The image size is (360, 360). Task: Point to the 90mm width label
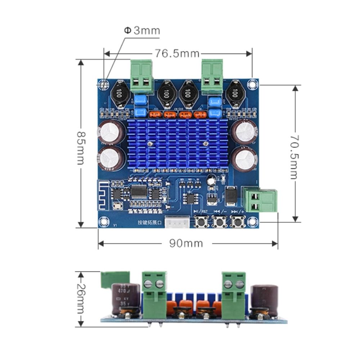point(186,244)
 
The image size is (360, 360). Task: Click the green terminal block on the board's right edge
point(260,201)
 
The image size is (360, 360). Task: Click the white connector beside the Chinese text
point(177,222)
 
